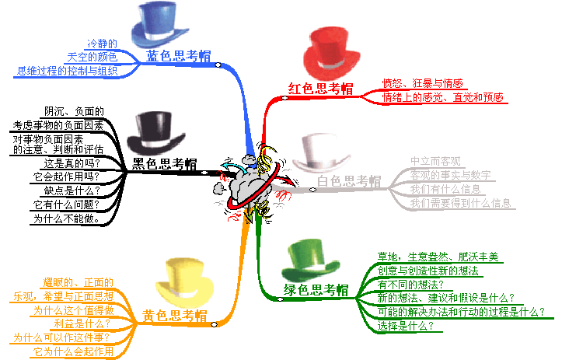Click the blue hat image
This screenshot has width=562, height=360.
(163, 25)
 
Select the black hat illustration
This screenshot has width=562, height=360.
(155, 133)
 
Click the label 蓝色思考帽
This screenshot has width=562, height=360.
(179, 57)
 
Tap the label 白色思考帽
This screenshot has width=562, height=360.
(349, 182)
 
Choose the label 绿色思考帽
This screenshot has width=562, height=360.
(316, 291)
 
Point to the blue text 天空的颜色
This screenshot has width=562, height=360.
(92, 57)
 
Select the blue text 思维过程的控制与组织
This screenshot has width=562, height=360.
(77, 71)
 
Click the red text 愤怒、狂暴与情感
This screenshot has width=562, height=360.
(422, 84)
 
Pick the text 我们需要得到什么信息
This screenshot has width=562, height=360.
(460, 203)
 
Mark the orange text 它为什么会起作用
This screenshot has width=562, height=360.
(73, 351)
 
